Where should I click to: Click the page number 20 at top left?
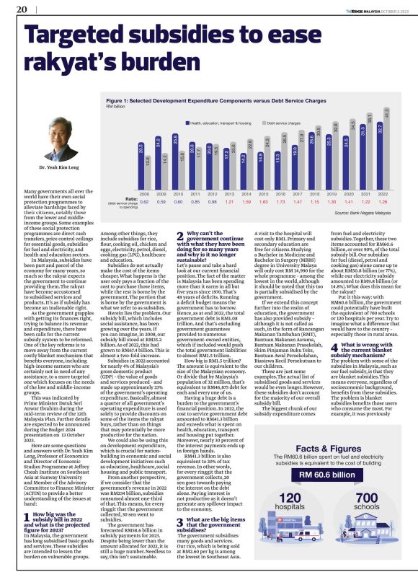[x=20, y=9]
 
